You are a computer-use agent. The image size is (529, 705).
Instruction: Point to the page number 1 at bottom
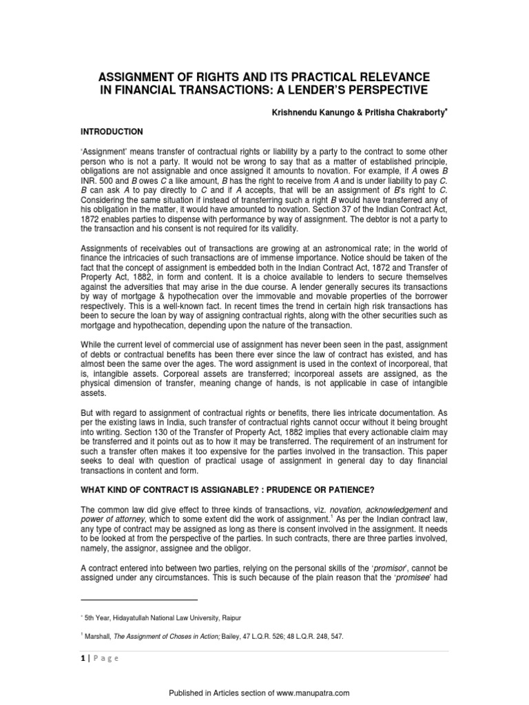(79, 658)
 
